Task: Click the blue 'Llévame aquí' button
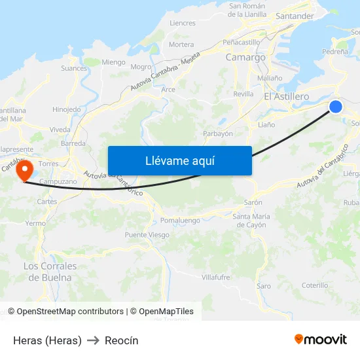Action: pos(179,160)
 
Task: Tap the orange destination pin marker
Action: pos(25,171)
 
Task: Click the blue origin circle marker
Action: pos(335,106)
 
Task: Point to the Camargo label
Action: pos(245,58)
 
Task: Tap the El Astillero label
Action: pos(286,97)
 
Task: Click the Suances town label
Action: pos(73,68)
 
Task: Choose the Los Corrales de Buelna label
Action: pos(50,272)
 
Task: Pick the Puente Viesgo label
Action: pos(147,235)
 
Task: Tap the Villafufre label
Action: pos(216,278)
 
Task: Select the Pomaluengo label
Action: pos(180,221)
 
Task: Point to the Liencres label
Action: pos(183,23)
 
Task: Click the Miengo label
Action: pos(113,63)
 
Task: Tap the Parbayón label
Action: pos(218,134)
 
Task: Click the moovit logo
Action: pos(321,339)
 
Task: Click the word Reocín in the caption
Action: pos(122,340)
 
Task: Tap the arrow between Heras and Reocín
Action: pos(93,340)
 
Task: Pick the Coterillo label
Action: pos(315,285)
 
